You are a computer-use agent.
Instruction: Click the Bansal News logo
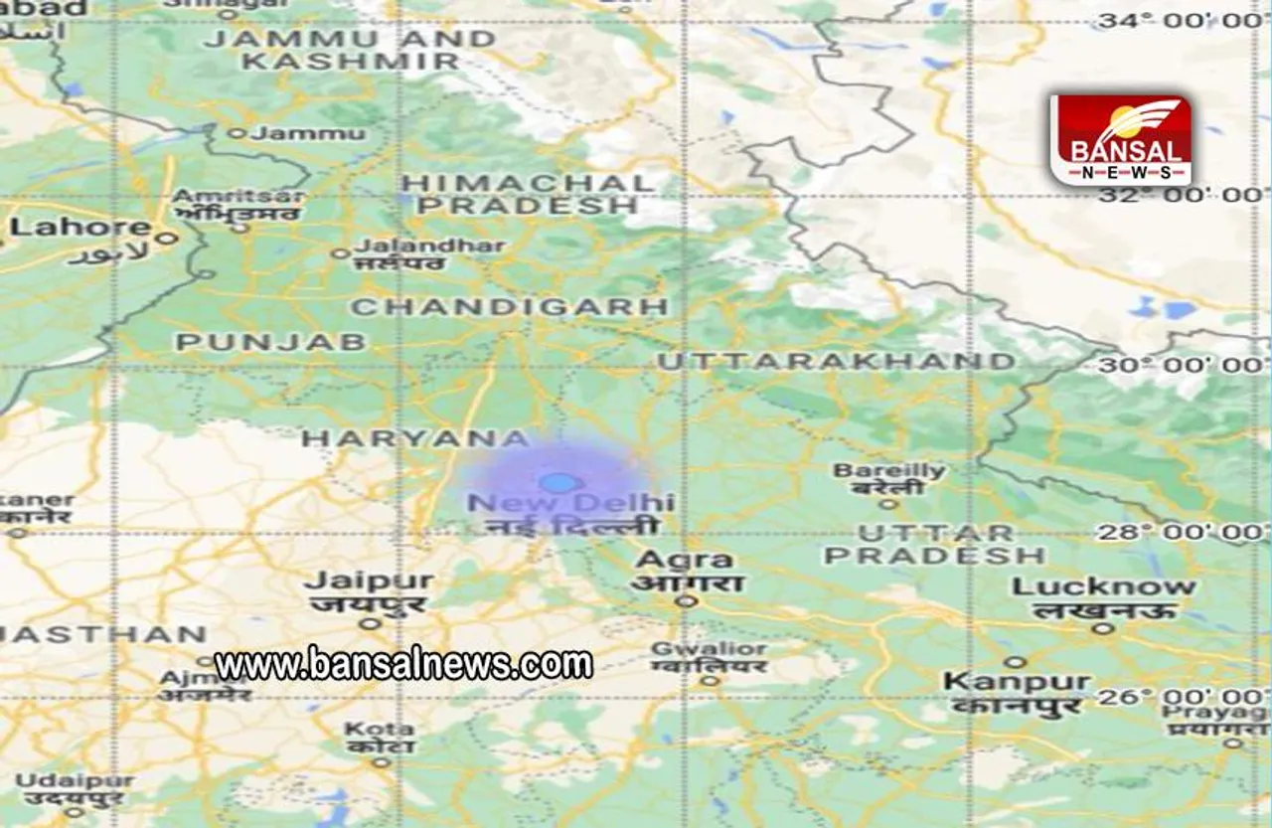[x=1120, y=141]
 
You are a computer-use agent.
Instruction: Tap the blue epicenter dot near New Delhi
[x=559, y=483]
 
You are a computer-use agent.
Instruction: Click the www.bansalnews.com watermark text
[x=403, y=663]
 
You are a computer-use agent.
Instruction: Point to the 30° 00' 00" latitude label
[x=1182, y=365]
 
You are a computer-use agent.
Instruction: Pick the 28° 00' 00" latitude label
[x=1182, y=532]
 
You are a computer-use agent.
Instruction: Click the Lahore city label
[x=67, y=228]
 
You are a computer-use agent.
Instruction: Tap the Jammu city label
[x=296, y=132]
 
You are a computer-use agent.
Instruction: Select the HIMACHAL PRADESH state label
[x=527, y=194]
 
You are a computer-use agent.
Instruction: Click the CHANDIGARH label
[x=510, y=307]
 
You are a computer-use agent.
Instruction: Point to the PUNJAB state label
[x=270, y=342]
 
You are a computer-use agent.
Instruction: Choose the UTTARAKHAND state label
[x=836, y=361]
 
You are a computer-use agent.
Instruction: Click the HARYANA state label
[x=416, y=438]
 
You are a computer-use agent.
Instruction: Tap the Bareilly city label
[x=888, y=471]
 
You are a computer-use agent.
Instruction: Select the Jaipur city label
[x=369, y=581]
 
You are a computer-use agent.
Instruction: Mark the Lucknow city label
[x=1103, y=587]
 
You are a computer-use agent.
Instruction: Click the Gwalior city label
[x=708, y=650]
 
